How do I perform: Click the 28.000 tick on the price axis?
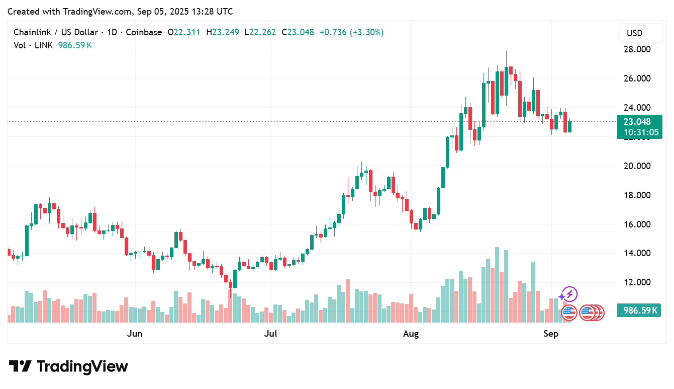coord(636,49)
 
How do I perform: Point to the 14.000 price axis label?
coord(636,253)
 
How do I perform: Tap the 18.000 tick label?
coord(636,195)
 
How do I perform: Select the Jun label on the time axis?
coord(135,334)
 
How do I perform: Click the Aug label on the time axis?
coord(411,334)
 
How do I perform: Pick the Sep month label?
coord(551,334)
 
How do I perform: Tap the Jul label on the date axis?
coord(271,334)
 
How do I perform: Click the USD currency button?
coord(634,33)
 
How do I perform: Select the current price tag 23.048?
coord(637,121)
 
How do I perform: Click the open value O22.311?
coord(184,32)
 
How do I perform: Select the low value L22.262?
coord(260,32)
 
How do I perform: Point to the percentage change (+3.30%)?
coord(366,32)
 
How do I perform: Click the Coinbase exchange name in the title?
coord(144,32)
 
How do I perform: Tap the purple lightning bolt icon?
coord(569,294)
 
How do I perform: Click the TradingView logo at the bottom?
coord(69,366)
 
